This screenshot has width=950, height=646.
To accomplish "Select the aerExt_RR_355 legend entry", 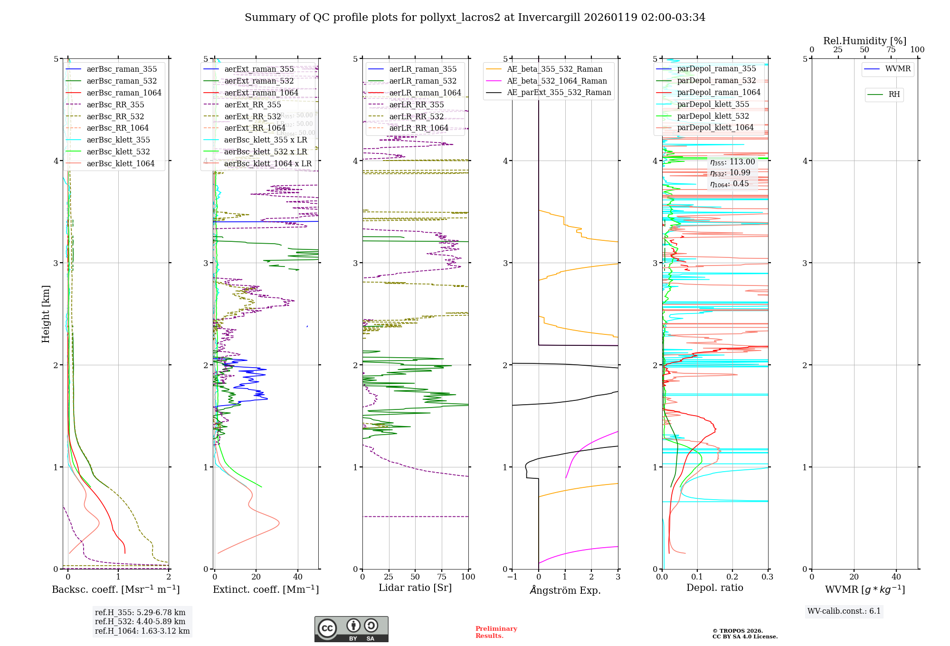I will tap(252, 104).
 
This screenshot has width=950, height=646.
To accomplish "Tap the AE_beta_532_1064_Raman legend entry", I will tap(557, 81).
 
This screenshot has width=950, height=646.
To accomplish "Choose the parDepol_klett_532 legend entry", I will tap(712, 116).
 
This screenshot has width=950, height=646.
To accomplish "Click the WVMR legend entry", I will tap(898, 69).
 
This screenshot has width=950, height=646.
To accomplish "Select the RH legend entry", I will tap(894, 95).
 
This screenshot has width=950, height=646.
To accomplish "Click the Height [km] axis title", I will tap(46, 314).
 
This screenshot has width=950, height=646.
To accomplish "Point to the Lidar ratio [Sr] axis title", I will tap(415, 588).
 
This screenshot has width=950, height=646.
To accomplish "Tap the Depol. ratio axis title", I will tap(714, 588).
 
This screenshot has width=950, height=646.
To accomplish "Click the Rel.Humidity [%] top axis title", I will tap(864, 41).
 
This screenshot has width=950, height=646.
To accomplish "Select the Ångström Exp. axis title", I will tap(565, 590).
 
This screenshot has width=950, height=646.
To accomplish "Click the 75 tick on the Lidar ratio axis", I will tap(442, 577).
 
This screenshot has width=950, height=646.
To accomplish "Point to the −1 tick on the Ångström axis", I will tap(512, 577).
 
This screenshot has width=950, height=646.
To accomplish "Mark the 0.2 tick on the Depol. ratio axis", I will tap(732, 577).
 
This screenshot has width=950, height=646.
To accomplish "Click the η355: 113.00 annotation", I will tap(732, 162).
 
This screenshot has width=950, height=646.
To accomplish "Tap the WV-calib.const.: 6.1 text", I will tap(844, 611).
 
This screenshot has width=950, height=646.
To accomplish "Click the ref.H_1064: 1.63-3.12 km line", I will tap(142, 631).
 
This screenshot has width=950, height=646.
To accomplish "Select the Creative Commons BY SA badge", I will tap(351, 629).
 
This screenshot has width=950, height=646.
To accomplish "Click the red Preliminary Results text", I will tap(496, 632).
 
